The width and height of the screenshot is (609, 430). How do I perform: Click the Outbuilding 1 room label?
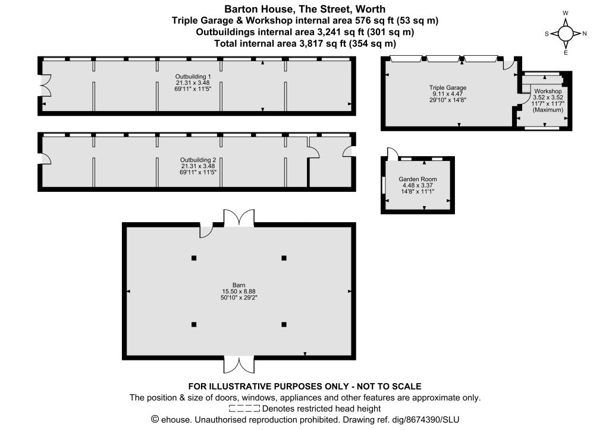tap(193, 77)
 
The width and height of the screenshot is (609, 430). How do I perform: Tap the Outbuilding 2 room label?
tap(197, 160)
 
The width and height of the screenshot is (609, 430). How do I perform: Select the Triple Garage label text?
tap(447, 88)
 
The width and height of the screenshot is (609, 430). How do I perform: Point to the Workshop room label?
tap(548, 91)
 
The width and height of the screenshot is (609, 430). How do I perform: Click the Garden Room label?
tap(417, 179)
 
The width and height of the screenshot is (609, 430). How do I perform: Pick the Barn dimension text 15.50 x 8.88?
tap(238, 291)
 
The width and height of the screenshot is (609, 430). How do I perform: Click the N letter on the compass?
tap(585, 34)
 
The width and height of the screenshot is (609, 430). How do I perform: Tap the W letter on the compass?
tap(566, 13)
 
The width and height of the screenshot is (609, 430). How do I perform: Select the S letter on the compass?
tap(547, 34)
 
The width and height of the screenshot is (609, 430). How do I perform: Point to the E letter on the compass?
tap(566, 53)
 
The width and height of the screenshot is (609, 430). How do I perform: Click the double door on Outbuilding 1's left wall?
tap(45, 86)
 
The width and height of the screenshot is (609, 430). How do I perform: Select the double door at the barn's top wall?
tap(239, 217)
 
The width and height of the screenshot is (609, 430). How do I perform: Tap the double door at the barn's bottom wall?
tap(239, 365)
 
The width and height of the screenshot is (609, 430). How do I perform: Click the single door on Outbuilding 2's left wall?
tap(46, 158)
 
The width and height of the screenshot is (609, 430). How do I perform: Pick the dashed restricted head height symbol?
tap(244, 408)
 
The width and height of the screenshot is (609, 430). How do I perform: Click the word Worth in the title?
tap(371, 9)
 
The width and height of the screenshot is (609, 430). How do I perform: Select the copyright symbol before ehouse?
tap(155, 419)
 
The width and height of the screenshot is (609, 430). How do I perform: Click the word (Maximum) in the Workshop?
tap(548, 110)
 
